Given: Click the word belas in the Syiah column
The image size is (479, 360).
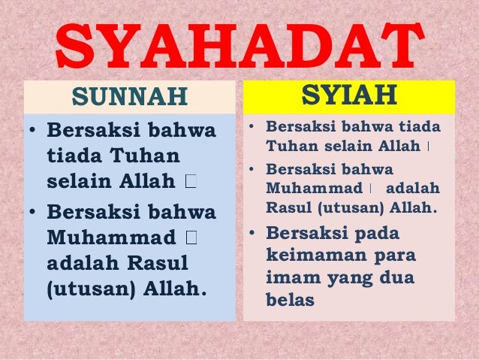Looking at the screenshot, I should pos(289,299).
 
